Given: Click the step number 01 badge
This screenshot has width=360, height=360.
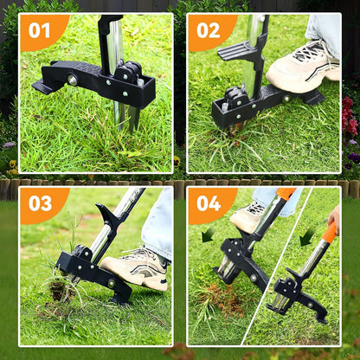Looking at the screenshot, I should [40, 30].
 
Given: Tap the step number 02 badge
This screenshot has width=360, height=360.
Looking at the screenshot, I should [209, 30].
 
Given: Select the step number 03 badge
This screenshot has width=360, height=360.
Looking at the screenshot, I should [40, 204].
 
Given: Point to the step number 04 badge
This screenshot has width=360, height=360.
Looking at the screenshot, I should [209, 204].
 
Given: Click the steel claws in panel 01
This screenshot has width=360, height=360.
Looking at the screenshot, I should [125, 117].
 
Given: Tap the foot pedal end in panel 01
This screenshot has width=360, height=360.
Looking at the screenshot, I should [43, 86].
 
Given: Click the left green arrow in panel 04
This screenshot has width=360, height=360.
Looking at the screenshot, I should [208, 235].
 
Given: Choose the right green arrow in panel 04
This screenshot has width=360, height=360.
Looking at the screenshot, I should [306, 236].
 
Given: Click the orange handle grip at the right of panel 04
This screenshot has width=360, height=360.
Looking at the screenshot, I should [330, 231].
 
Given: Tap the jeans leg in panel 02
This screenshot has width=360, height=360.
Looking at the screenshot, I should [325, 30].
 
